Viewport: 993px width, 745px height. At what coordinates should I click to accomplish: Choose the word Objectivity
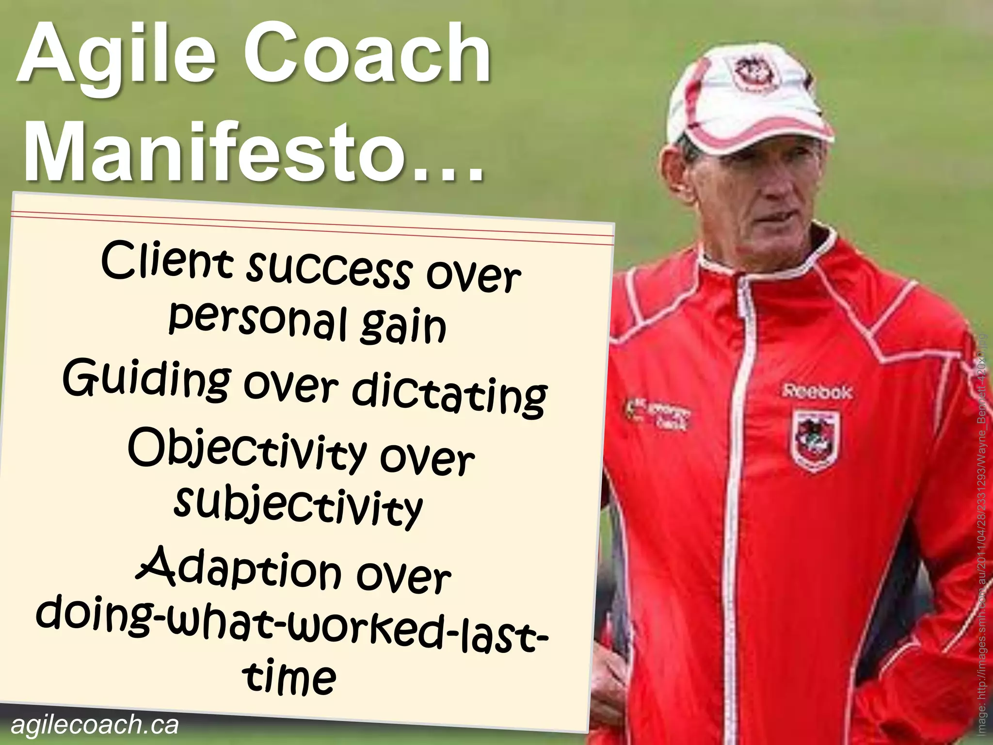tap(247, 449)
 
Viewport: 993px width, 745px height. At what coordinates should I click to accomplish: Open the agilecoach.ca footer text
tap(95, 725)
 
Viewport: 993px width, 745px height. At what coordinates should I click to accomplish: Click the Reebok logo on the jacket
tap(817, 391)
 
